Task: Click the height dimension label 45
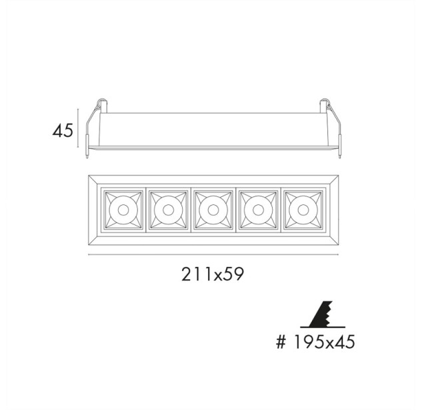63,130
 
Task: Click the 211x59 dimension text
213,274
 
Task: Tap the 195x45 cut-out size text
324,342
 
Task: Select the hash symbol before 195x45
281,342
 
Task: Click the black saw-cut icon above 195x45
322,315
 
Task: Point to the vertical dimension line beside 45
78,128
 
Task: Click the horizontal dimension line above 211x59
213,254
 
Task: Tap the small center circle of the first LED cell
123,210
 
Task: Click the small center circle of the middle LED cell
213,210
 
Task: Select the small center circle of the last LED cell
303,210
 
